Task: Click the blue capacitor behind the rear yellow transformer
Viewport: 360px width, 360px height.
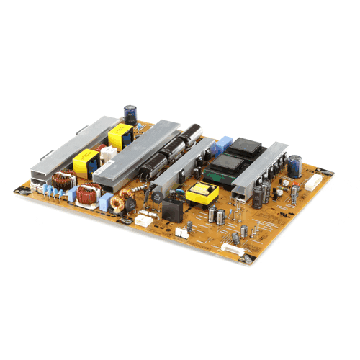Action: click(130, 113)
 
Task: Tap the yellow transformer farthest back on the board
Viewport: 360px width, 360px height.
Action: click(119, 135)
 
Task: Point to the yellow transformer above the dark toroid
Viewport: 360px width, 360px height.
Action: click(86, 161)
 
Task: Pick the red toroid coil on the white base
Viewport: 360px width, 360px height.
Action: click(91, 193)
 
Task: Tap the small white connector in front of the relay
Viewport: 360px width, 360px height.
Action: click(182, 232)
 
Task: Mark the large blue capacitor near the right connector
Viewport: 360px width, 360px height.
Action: click(294, 165)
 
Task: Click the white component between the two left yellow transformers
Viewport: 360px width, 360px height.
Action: click(108, 153)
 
